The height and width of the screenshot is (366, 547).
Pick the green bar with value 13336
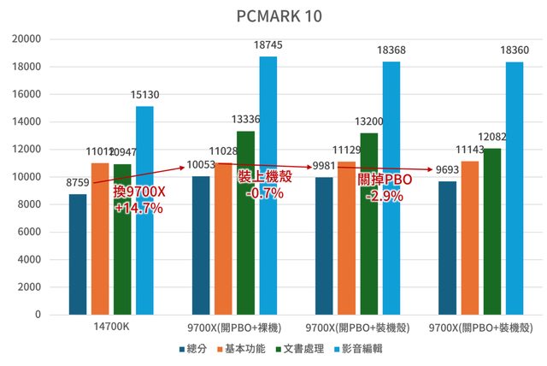tap(246, 222)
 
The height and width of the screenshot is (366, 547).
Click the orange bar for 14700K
tap(100, 239)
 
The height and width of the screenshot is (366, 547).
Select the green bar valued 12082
tap(492, 231)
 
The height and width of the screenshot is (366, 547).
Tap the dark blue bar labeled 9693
tap(448, 247)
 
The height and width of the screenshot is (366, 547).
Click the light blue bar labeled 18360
tap(515, 188)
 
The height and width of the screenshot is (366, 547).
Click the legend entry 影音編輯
tap(362, 349)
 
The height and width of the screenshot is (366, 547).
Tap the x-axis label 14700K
tap(112, 327)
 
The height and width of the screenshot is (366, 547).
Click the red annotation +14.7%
tap(138, 208)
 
